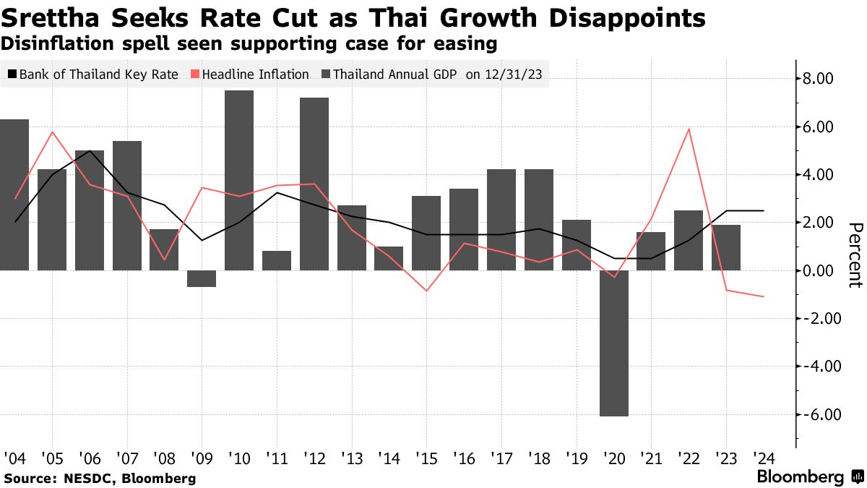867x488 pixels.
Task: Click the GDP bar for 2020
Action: click(614, 343)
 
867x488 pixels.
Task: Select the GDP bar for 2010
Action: click(239, 181)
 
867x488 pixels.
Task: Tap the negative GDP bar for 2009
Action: click(202, 279)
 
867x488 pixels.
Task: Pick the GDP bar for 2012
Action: click(314, 184)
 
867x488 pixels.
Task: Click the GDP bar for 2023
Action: click(726, 248)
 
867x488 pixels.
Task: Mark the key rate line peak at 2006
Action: click(90, 151)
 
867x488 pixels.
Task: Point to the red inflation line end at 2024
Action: click(764, 296)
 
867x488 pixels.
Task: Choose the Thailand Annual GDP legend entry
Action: click(394, 74)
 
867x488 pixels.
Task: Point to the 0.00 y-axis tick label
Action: click(819, 270)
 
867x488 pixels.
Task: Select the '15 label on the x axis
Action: click(427, 458)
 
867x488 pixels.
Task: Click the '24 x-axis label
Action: click(764, 458)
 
